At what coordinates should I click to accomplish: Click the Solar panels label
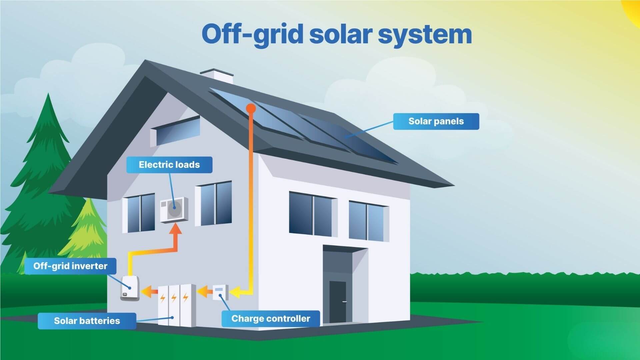pyautogui.click(x=436, y=121)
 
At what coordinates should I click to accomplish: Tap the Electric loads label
pyautogui.click(x=169, y=165)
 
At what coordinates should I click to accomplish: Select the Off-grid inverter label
pyautogui.click(x=70, y=266)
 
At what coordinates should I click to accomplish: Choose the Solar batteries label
pyautogui.click(x=87, y=321)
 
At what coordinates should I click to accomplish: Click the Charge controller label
pyautogui.click(x=271, y=319)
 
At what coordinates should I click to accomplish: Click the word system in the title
pyautogui.click(x=425, y=35)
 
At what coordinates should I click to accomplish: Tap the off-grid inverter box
pyautogui.click(x=130, y=288)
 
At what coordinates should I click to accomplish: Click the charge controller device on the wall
pyautogui.click(x=220, y=292)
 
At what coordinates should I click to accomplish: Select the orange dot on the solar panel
pyautogui.click(x=251, y=108)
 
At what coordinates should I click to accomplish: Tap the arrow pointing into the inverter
pyautogui.click(x=149, y=292)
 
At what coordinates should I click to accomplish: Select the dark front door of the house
pyautogui.click(x=338, y=302)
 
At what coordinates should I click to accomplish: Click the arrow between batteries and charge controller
pyautogui.click(x=204, y=292)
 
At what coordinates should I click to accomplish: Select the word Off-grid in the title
pyautogui.click(x=252, y=35)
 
